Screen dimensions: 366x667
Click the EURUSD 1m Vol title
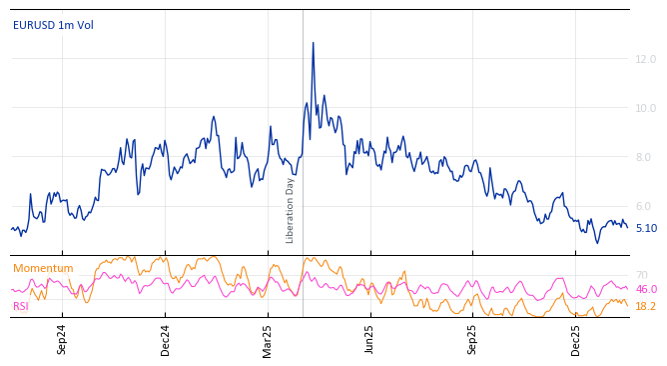[53, 26]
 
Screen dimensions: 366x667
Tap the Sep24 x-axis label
[62, 339]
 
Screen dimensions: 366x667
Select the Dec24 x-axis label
[166, 339]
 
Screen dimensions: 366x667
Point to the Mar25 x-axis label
[268, 339]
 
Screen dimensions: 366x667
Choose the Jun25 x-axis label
[369, 339]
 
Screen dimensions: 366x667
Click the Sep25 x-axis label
[472, 339]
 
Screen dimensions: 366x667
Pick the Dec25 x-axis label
[575, 339]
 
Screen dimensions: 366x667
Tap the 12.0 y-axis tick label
[646, 60]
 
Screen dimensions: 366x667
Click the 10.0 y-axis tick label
[646, 108]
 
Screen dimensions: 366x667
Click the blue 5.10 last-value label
[646, 228]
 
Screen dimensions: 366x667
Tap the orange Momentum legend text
[43, 269]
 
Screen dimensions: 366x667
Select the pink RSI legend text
[21, 307]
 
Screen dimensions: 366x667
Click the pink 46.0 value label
[646, 290]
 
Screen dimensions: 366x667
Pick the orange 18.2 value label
[646, 306]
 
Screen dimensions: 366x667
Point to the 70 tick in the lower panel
[642, 275]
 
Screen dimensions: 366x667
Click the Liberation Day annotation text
[291, 210]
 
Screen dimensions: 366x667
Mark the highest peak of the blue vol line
[313, 43]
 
